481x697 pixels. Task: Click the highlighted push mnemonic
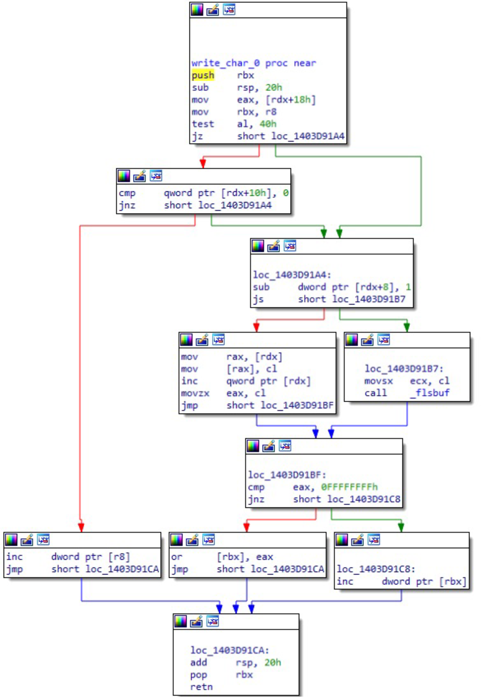point(203,75)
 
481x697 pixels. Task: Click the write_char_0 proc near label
point(253,63)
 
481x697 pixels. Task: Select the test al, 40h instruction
point(234,124)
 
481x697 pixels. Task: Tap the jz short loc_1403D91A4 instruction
point(268,136)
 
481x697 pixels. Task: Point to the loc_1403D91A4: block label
point(292,275)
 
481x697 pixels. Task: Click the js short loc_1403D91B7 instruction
point(329,299)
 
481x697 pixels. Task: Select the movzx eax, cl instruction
point(223,393)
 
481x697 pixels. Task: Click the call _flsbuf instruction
point(406,393)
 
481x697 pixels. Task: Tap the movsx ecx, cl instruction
point(406,381)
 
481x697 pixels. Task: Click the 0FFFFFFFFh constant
point(349,487)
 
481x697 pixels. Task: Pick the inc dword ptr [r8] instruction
point(68,557)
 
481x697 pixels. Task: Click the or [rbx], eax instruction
point(222,557)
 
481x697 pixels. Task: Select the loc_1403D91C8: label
point(376,569)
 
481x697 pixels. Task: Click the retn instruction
point(202,687)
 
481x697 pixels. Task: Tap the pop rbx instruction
point(221,675)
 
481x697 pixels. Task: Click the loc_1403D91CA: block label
point(230,650)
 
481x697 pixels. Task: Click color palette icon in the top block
point(197,10)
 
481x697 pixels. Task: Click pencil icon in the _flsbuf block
point(367,340)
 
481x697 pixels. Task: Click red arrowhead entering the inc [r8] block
point(81,527)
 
